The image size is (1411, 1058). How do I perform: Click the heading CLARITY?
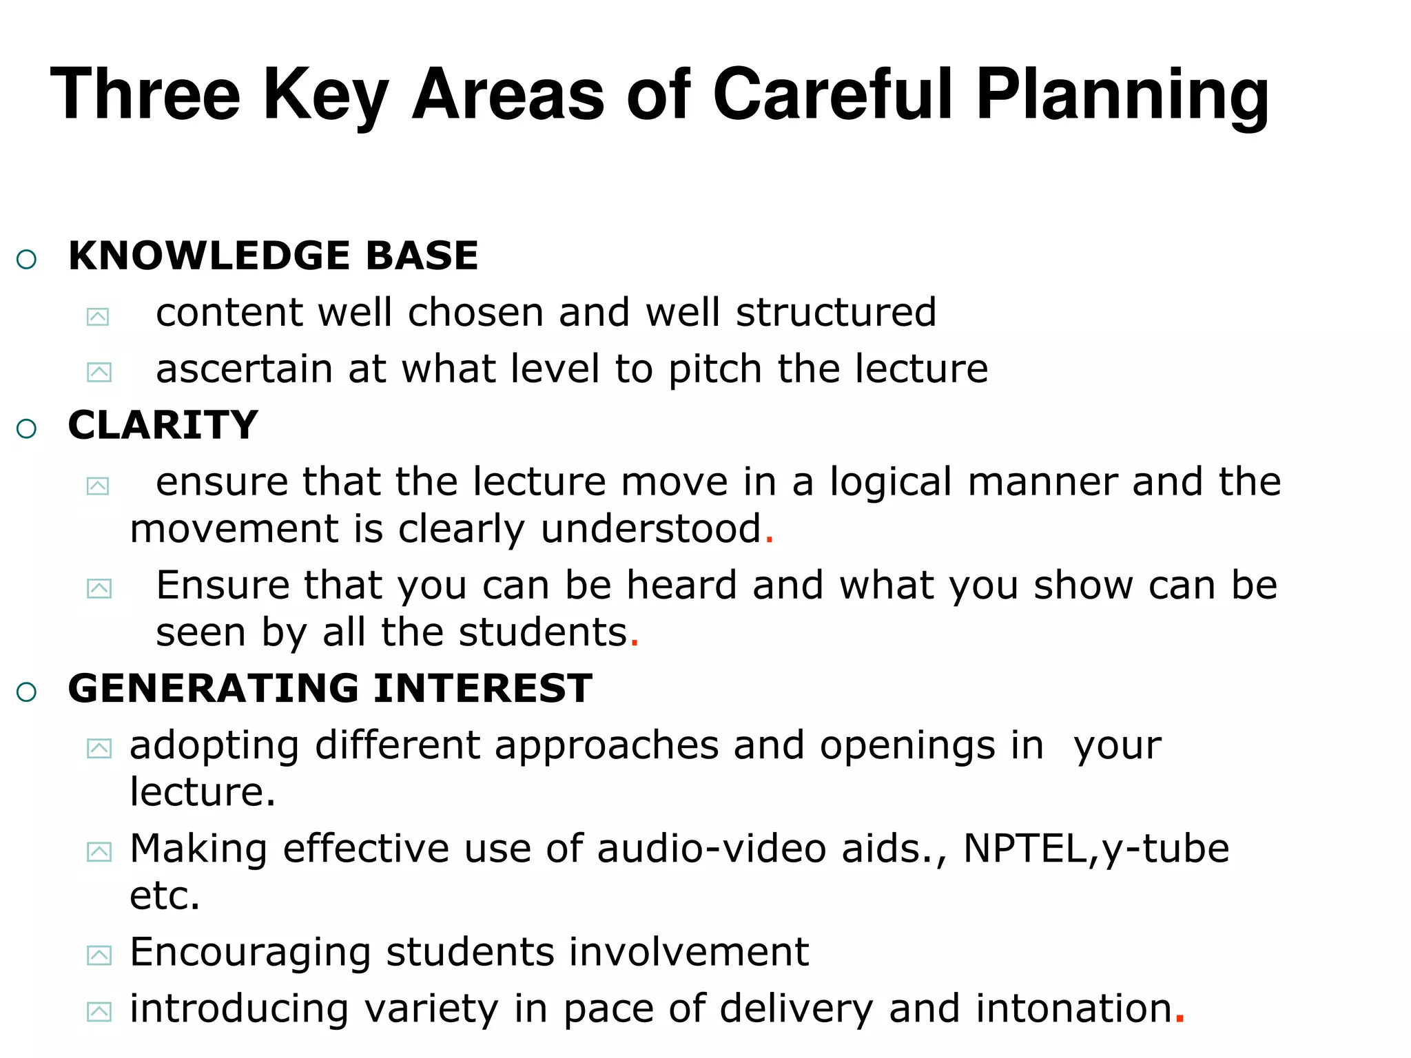163,425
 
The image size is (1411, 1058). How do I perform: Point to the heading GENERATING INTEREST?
330,688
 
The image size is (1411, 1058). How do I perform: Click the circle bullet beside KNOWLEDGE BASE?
26,260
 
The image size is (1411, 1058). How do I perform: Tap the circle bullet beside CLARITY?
26,428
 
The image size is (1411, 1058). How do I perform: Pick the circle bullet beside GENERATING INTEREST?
26,692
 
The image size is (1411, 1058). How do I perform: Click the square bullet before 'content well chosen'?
98,317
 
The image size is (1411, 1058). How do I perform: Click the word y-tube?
1165,850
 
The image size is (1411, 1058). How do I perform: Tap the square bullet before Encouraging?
99,955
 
